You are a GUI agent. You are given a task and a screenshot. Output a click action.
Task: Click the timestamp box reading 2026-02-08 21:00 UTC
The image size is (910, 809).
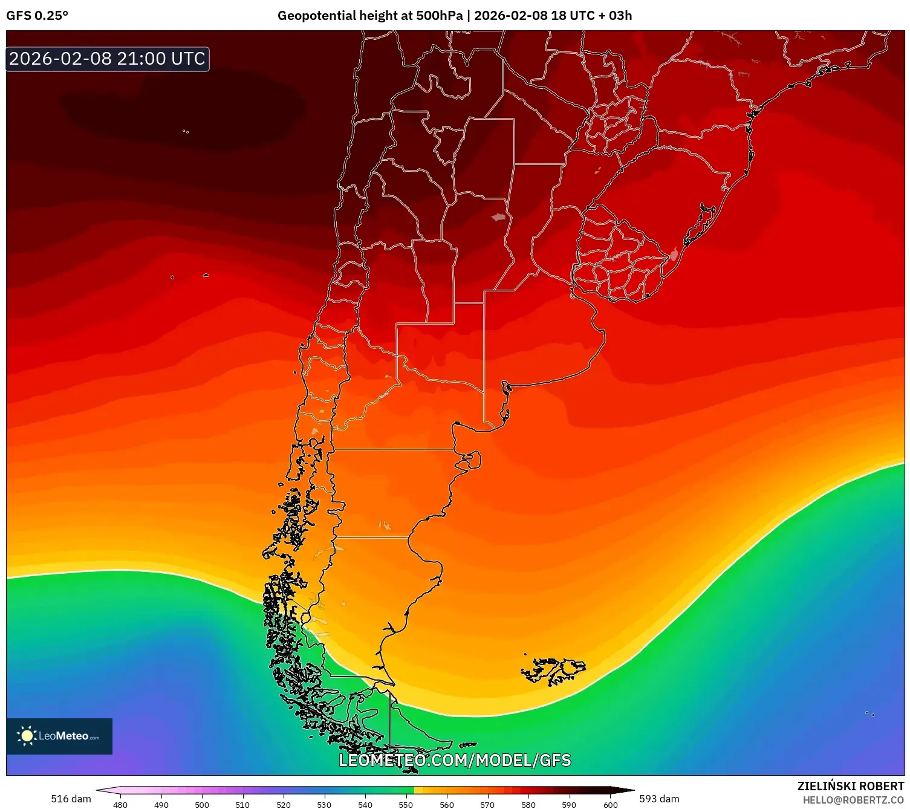pos(107,59)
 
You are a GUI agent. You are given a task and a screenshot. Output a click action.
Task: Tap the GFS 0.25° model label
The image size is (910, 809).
pos(37,16)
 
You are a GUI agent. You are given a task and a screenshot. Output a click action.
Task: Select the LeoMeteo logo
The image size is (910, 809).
pos(59,736)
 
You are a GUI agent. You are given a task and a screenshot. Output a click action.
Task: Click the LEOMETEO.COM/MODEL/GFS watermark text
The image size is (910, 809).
pos(455,760)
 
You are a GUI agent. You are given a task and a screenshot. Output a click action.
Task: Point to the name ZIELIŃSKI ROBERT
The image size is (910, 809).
pos(850,786)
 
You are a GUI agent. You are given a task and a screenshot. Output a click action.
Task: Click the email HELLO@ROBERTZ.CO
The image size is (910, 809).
pos(853,800)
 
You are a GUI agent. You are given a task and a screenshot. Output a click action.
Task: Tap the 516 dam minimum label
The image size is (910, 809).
pos(71,799)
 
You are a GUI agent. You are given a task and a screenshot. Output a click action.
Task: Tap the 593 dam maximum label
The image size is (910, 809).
pos(659,799)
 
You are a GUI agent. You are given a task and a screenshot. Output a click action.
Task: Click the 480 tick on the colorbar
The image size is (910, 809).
pos(120,805)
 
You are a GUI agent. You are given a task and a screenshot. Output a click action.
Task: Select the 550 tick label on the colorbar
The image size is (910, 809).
pos(406,805)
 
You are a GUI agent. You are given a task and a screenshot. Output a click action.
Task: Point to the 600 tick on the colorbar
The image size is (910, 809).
pos(611,805)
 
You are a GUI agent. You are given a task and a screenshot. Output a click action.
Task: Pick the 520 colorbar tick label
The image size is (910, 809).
pos(284,805)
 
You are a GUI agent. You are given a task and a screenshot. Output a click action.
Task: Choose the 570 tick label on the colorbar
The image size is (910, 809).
pos(487,805)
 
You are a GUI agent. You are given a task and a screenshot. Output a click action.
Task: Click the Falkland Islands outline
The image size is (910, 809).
pos(553,670)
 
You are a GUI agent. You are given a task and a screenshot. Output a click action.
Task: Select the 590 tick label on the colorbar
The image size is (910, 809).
pos(569,805)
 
